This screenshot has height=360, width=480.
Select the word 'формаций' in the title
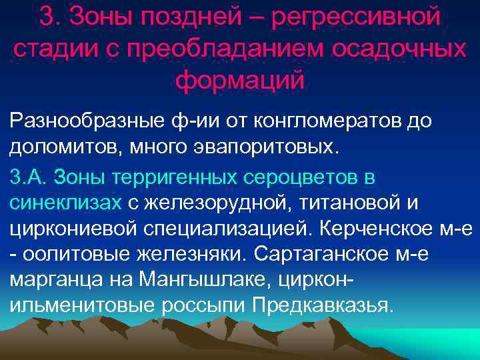pyautogui.click(x=239, y=79)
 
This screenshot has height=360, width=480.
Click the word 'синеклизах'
pyautogui.click(x=65, y=203)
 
